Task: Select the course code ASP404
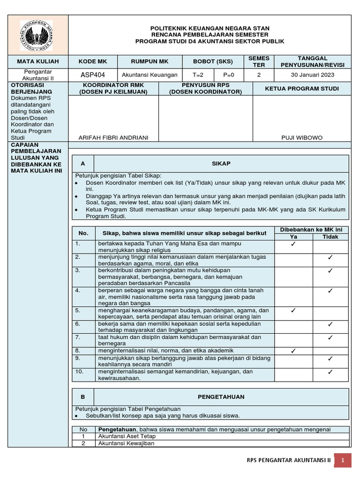(x=93, y=75)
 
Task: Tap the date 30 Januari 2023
(x=313, y=75)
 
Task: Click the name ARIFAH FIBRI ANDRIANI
(x=113, y=137)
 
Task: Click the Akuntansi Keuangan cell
(x=150, y=75)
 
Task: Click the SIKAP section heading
(x=221, y=164)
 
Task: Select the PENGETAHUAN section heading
(x=221, y=397)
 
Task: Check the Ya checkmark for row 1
(x=293, y=244)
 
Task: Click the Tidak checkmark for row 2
(x=330, y=257)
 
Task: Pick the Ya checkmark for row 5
(x=293, y=310)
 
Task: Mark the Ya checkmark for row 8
(x=293, y=351)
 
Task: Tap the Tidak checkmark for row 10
(x=330, y=372)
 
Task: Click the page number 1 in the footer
(x=343, y=461)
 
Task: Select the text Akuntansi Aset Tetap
(x=127, y=436)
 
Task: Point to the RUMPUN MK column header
(x=150, y=61)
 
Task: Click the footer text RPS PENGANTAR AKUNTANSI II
(x=288, y=461)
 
